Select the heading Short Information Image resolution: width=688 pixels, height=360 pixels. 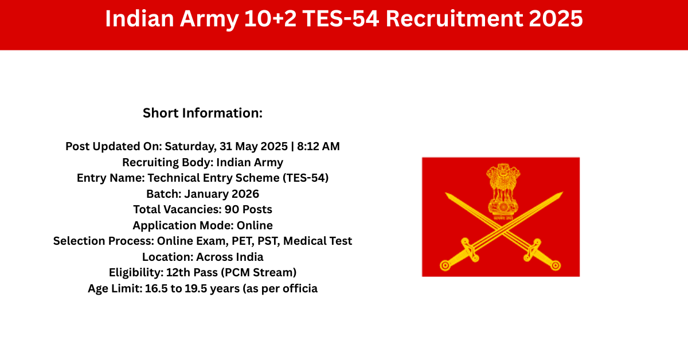coord(203,113)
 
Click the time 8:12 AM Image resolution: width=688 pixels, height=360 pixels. coord(318,146)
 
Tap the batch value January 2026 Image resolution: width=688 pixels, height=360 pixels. coord(221,194)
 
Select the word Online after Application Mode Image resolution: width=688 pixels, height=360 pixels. coord(255,225)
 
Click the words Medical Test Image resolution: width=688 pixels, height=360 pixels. coord(318,241)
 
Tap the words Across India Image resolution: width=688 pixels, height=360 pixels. coord(230,257)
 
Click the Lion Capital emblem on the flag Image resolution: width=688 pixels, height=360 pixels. coord(503,191)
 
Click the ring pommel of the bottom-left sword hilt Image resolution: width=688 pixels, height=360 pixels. coord(445,265)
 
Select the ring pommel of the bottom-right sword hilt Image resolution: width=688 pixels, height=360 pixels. coord(556,265)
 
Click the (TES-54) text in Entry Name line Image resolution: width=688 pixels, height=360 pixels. coord(305,178)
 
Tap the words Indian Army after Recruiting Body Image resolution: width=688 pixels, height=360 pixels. coord(250,162)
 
